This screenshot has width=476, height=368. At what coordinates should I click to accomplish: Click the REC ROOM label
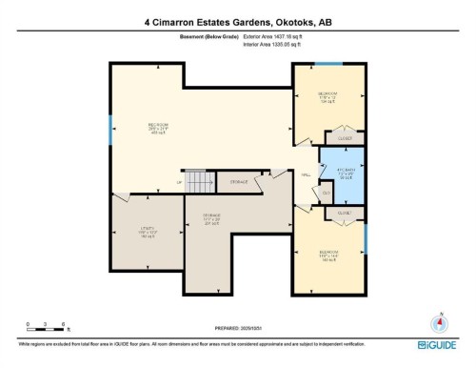click(158, 127)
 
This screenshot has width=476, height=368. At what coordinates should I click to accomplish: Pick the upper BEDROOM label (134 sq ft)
click(328, 96)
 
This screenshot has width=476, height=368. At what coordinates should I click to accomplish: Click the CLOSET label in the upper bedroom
click(345, 139)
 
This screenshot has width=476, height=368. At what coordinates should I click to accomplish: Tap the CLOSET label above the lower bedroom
click(344, 214)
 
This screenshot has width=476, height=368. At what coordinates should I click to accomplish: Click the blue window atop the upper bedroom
click(328, 64)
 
